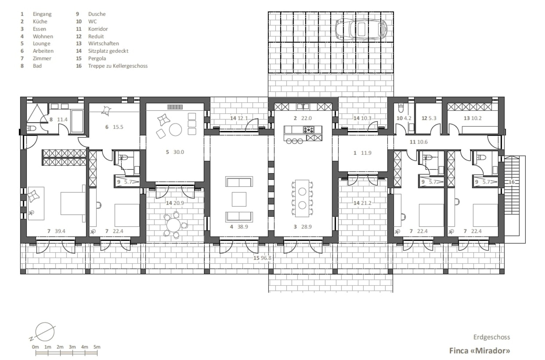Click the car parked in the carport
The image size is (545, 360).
361,29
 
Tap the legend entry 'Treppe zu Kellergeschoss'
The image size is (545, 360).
118,66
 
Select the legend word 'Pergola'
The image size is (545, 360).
97,59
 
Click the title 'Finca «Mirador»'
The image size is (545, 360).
479,351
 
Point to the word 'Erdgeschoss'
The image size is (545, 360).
492,337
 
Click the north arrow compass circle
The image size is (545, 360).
45,332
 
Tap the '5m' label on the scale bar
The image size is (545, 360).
97,347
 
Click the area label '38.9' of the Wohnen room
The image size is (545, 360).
243,227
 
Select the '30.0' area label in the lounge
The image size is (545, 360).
179,152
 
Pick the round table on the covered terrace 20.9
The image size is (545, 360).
173,225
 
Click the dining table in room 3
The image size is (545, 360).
302,198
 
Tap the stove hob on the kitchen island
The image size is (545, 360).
309,129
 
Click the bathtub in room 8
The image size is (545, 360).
77,121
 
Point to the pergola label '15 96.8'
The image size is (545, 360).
262,258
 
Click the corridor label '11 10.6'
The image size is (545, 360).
419,142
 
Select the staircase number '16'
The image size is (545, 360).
512,182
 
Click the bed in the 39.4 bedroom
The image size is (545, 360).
73,203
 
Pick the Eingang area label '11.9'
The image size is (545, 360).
366,153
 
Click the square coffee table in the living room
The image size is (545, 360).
239,199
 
